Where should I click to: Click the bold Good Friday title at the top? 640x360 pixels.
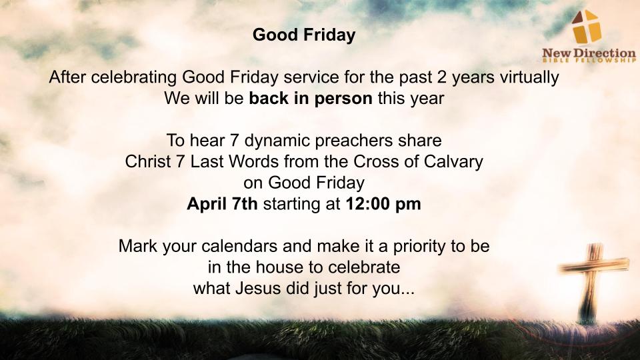[304, 35]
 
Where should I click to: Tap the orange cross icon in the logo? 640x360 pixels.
[587, 27]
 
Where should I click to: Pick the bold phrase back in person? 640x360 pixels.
[311, 99]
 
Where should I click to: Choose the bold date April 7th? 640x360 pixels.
[222, 204]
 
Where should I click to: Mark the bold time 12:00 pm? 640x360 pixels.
[383, 204]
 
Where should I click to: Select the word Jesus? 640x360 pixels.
[258, 289]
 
